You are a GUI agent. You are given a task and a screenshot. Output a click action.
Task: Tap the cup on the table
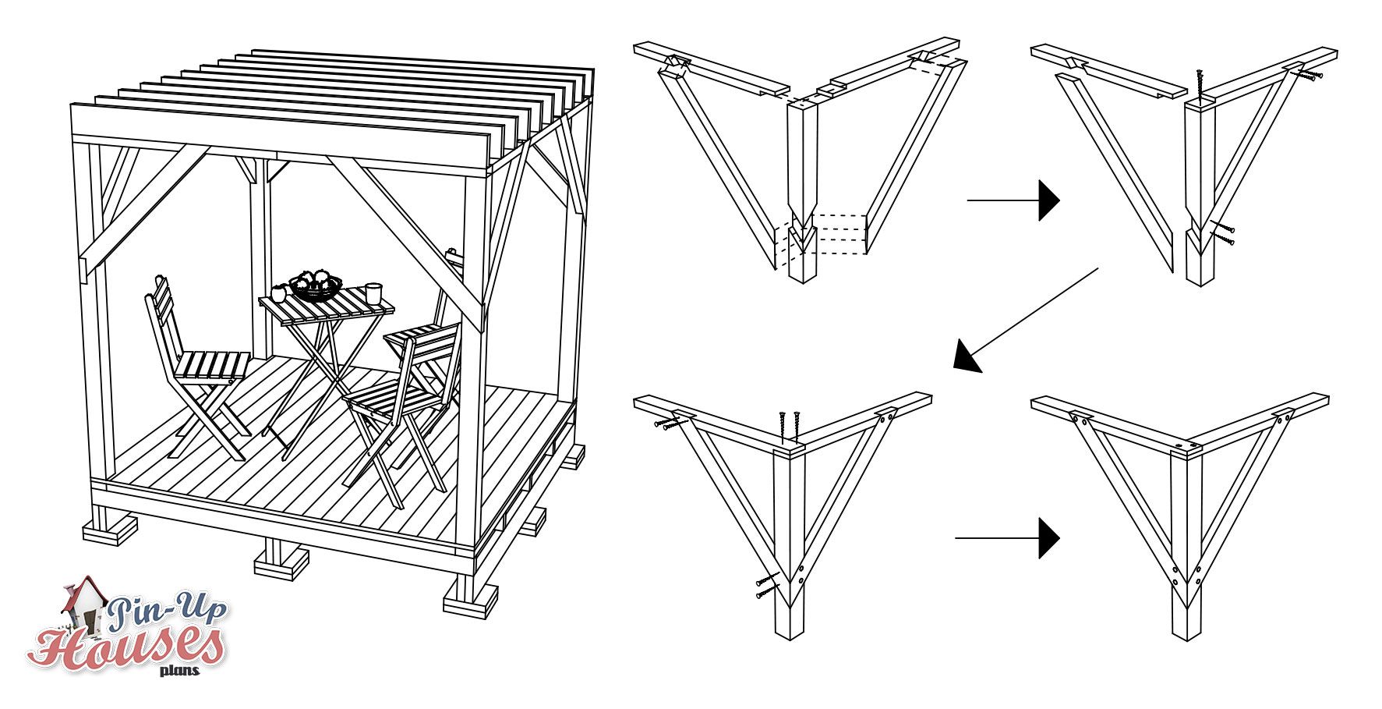pyautogui.click(x=373, y=293)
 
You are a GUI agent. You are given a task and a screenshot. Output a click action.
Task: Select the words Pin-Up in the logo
pyautogui.click(x=167, y=610)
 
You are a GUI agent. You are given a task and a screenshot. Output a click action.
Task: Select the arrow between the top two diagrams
pyautogui.click(x=1013, y=200)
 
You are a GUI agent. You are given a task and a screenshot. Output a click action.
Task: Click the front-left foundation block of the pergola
pyautogui.click(x=110, y=532)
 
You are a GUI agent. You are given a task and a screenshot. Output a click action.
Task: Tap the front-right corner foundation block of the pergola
pyautogui.click(x=470, y=601)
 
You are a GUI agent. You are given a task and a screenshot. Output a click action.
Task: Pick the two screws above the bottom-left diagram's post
pyautogui.click(x=788, y=426)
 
